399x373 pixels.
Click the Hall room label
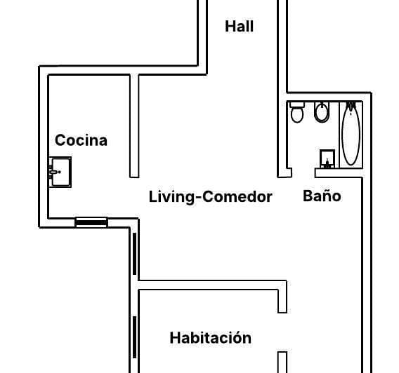pyautogui.click(x=240, y=26)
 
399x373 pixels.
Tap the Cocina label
pyautogui.click(x=81, y=140)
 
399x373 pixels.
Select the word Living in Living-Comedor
pyautogui.click(x=172, y=197)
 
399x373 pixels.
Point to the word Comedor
pyautogui.click(x=237, y=196)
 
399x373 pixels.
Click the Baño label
pyautogui.click(x=322, y=196)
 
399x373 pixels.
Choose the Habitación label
pyautogui.click(x=211, y=338)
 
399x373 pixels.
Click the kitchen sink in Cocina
pyautogui.click(x=60, y=172)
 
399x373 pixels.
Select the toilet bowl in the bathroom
pyautogui.click(x=297, y=114)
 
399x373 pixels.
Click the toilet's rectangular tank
pyautogui.click(x=297, y=104)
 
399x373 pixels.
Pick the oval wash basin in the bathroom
pyautogui.click(x=322, y=112)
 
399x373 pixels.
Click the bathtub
pyautogui.click(x=351, y=135)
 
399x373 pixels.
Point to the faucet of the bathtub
pyautogui.click(x=351, y=107)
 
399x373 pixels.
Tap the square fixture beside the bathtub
pyautogui.click(x=327, y=159)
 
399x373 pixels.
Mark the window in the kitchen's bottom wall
pyautogui.click(x=91, y=222)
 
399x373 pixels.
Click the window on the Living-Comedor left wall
pyautogui.click(x=134, y=254)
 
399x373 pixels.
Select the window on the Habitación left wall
pyautogui.click(x=134, y=337)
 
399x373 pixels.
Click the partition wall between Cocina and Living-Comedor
pyautogui.click(x=134, y=126)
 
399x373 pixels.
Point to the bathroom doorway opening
pyautogui.click(x=303, y=172)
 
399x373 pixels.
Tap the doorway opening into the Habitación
pyautogui.click(x=282, y=332)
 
